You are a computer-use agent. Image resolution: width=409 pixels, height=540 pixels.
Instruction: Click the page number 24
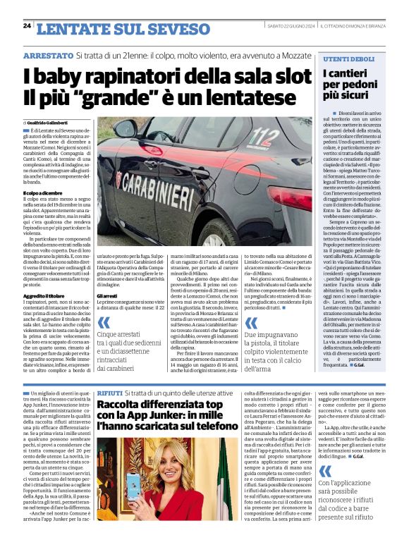(27, 26)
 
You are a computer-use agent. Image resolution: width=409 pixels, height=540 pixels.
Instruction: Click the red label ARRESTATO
(48, 55)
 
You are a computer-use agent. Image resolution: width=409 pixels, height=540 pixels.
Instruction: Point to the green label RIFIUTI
(110, 391)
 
